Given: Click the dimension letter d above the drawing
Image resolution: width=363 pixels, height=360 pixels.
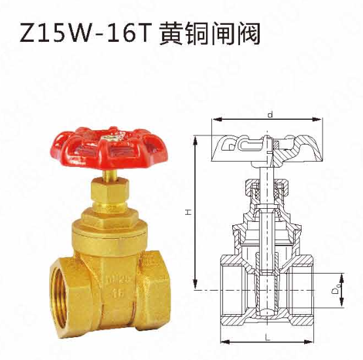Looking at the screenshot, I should click(269, 115).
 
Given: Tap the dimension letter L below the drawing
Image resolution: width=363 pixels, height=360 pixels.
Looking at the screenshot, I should click(269, 337).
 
